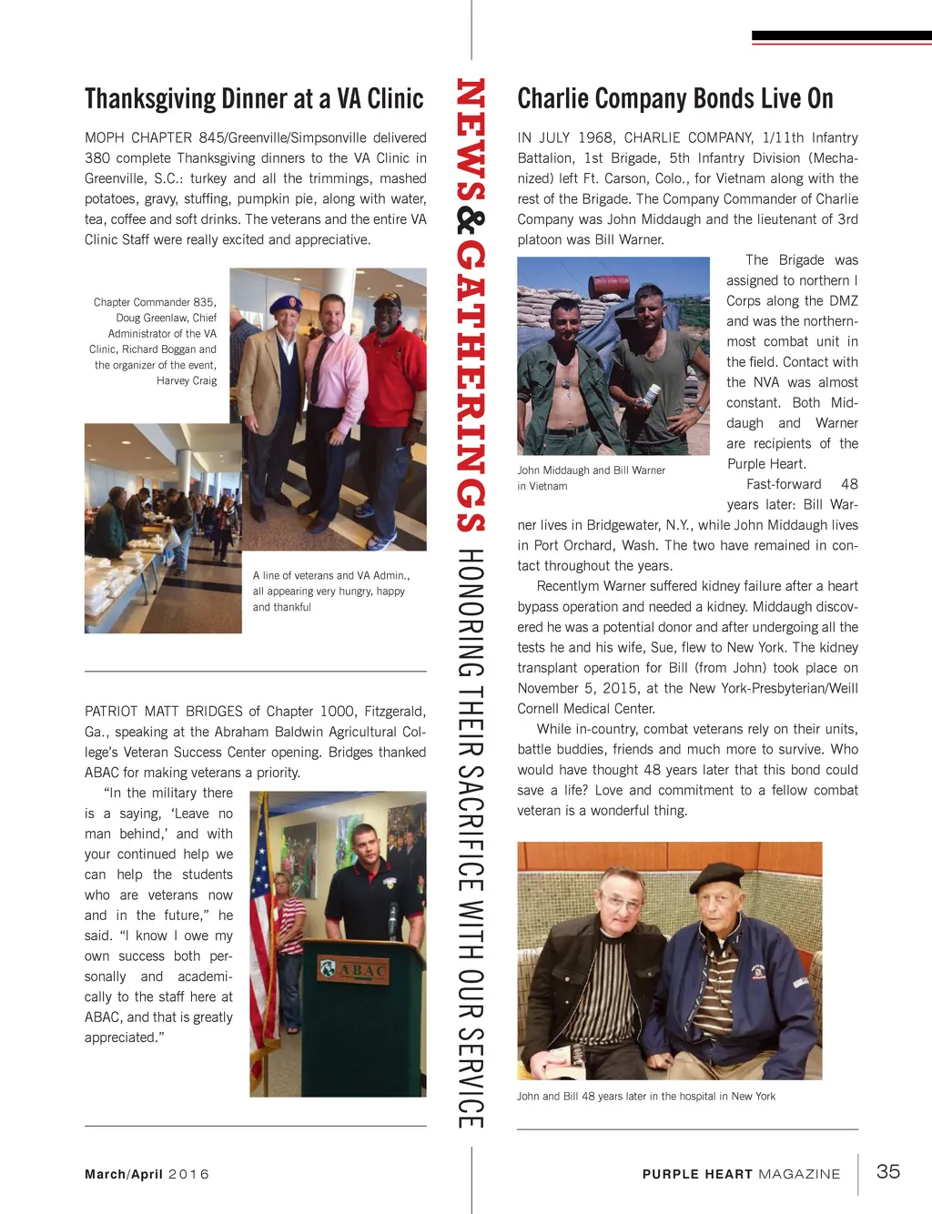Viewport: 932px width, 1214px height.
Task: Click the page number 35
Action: pyautogui.click(x=887, y=1171)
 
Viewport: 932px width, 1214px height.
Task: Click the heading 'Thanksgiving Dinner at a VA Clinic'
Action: pyautogui.click(x=254, y=98)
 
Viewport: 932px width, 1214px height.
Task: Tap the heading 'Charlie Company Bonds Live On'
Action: pyautogui.click(x=674, y=98)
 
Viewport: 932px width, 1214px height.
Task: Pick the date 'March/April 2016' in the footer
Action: pyautogui.click(x=147, y=1174)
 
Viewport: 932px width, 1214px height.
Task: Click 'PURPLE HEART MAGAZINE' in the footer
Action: pyautogui.click(x=741, y=1174)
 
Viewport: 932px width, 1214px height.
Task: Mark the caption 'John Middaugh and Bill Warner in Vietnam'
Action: pyautogui.click(x=591, y=478)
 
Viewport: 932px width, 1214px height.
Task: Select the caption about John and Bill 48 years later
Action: pyautogui.click(x=646, y=1097)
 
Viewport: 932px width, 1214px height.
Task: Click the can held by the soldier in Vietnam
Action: pyautogui.click(x=652, y=394)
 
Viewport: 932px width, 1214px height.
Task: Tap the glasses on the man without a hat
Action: pyautogui.click(x=623, y=902)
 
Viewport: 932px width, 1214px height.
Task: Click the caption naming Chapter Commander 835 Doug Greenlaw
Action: pyautogui.click(x=155, y=341)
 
